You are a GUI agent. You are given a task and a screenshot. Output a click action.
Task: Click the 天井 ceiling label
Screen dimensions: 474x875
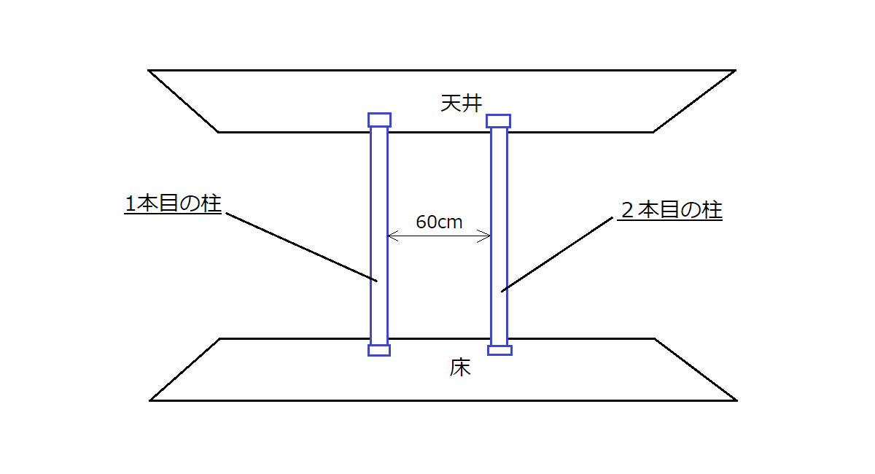coord(461,103)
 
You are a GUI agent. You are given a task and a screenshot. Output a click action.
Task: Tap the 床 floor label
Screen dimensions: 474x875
coord(460,368)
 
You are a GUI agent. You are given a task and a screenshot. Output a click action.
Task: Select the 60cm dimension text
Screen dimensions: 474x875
coord(439,222)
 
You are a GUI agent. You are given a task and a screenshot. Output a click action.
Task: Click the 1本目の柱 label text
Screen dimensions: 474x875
coord(173,204)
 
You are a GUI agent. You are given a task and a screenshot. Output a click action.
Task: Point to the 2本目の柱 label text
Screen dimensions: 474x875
coord(671,210)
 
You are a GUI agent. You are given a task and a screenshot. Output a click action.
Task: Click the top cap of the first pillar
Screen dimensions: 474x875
coord(379,120)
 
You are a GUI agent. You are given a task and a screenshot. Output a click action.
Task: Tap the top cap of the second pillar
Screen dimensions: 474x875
coord(499,121)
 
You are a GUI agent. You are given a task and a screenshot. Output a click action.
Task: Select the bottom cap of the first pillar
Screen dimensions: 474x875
coord(379,350)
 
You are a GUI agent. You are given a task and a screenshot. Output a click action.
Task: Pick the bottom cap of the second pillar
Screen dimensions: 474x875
coord(499,350)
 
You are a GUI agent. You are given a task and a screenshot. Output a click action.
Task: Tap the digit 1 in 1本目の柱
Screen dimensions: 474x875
coord(131,205)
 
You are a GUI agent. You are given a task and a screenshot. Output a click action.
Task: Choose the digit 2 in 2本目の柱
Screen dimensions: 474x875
coord(626,211)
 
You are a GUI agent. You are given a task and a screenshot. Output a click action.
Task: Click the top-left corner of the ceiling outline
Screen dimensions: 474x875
coord(149,71)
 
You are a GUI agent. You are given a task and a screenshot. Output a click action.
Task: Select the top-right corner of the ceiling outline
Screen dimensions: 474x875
coord(734,71)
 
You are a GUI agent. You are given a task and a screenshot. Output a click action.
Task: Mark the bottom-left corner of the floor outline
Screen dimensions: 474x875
coord(151,400)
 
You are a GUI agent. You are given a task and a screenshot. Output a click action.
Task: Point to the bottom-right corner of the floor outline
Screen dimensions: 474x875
coord(736,400)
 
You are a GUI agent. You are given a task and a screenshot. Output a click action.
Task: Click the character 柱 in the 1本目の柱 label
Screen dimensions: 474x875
coord(211,204)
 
